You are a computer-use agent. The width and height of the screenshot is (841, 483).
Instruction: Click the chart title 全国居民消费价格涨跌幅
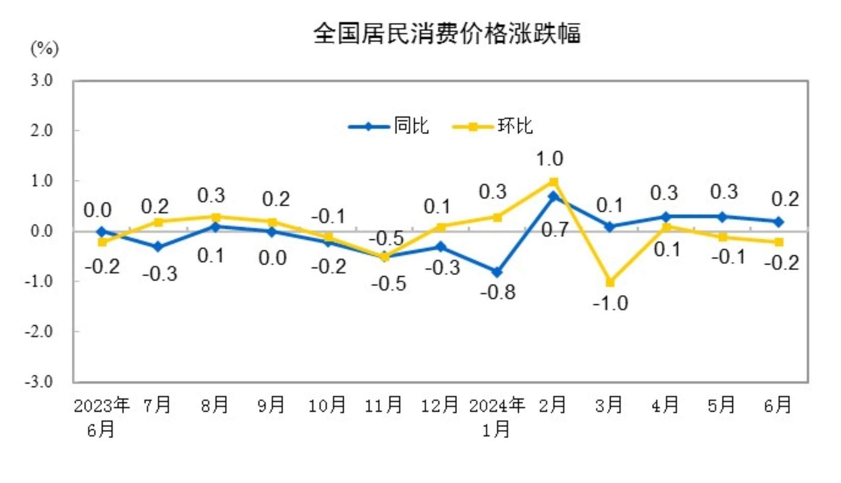[447, 34]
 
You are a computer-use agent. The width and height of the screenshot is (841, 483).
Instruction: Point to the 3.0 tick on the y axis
[41, 80]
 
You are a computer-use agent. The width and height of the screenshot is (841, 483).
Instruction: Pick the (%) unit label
[45, 49]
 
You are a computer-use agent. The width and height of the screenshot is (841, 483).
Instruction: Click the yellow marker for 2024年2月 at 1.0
[553, 182]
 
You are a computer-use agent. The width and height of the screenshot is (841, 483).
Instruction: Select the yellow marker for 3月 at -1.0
[610, 282]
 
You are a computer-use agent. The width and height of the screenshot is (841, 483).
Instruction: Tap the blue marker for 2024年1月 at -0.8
[497, 272]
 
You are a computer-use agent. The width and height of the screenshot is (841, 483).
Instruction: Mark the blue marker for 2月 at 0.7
[553, 197]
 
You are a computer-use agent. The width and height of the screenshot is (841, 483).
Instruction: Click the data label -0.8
[498, 293]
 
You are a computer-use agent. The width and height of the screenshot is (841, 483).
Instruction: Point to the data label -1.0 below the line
[610, 304]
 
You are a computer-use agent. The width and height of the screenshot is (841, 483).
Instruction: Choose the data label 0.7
[554, 230]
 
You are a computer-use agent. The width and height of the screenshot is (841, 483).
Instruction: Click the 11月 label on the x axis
[384, 405]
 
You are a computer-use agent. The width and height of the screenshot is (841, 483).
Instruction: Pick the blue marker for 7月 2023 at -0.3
[158, 247]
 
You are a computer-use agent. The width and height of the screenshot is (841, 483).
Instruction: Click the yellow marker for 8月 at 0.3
[215, 217]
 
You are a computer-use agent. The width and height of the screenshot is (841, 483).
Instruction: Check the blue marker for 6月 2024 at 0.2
[779, 222]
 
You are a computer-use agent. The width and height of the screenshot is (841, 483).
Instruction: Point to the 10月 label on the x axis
[327, 405]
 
